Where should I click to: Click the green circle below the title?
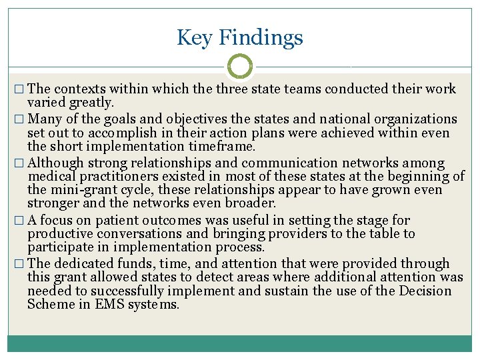240,66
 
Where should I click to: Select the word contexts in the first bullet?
82,89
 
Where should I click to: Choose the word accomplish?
101,133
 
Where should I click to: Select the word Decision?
425,291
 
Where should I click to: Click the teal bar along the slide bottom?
240,343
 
